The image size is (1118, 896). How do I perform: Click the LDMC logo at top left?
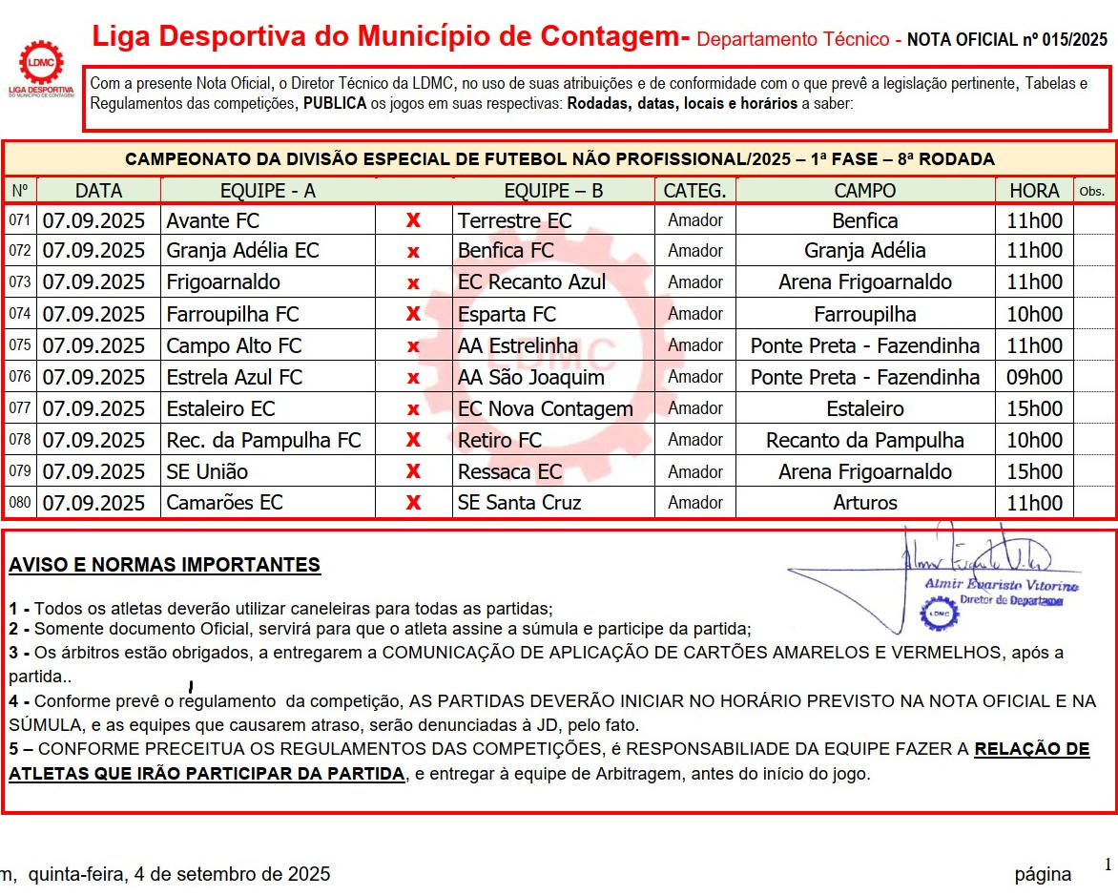41,69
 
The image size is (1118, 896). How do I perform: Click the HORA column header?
1034,191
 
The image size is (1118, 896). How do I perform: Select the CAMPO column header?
864,191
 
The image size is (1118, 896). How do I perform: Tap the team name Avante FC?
213,220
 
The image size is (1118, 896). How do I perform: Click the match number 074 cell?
19,314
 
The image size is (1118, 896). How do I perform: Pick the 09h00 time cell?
1034,377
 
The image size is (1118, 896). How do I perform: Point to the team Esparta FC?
507,314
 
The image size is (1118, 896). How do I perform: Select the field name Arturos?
864,503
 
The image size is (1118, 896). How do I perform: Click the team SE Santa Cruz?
519,503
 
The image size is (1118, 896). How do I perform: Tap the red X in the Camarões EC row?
413,503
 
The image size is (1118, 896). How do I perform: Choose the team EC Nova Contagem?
545,408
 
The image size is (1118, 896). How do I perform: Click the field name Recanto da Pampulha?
864,440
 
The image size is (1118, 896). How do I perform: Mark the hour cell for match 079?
1034,471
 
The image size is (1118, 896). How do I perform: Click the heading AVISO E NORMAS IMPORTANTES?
164,565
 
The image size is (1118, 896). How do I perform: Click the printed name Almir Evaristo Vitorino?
1001,584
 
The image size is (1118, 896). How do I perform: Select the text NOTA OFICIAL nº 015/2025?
1006,40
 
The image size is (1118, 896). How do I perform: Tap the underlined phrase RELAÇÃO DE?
1031,749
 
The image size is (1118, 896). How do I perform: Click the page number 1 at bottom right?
1108,865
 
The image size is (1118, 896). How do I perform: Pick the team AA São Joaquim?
530,377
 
